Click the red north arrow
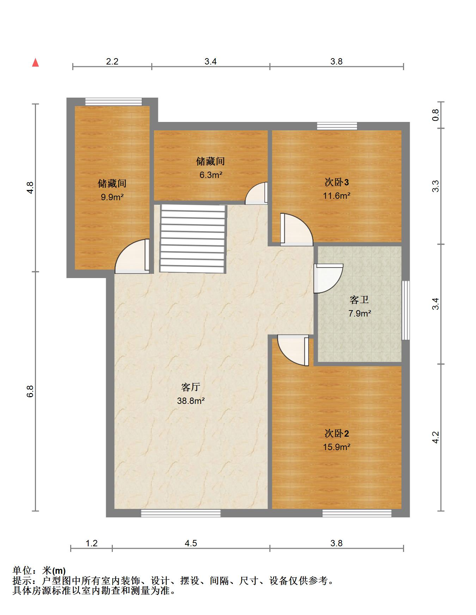point(35,62)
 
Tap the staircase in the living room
point(193,239)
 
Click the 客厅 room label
point(191,387)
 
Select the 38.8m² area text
point(191,401)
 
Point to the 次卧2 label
point(337,433)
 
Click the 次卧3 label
point(337,182)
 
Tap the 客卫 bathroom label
point(359,300)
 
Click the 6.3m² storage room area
point(211,175)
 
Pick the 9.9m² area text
point(112,197)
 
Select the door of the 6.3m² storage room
point(256,193)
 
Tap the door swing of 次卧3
point(297,229)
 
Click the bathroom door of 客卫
point(328,278)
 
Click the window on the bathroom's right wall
point(406,310)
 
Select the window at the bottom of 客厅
point(181,513)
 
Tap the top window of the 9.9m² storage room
point(114,102)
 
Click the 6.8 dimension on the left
point(30,391)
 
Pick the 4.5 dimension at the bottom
point(191,543)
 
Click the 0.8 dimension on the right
point(436,115)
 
